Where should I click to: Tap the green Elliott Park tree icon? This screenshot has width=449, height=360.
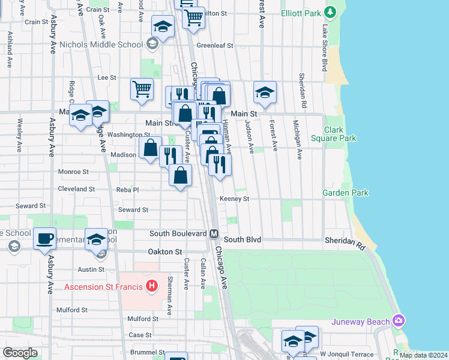[330, 11]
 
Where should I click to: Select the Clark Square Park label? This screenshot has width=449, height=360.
[340, 134]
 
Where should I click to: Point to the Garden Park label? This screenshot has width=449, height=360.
[345, 193]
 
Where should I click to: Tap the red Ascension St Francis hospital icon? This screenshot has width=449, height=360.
[152, 286]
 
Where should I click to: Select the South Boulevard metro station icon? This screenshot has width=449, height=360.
[213, 233]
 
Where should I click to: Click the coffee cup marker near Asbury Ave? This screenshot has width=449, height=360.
[45, 238]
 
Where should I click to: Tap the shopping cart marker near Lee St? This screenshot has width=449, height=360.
[142, 89]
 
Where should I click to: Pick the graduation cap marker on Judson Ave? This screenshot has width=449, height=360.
[265, 92]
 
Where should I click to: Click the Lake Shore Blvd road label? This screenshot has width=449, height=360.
[325, 49]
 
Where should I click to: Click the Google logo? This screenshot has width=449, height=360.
[20, 353]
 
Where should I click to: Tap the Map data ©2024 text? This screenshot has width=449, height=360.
[423, 355]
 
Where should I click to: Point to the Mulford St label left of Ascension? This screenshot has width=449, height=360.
[72, 310]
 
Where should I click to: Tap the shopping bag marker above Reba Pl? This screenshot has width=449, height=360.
[180, 176]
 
